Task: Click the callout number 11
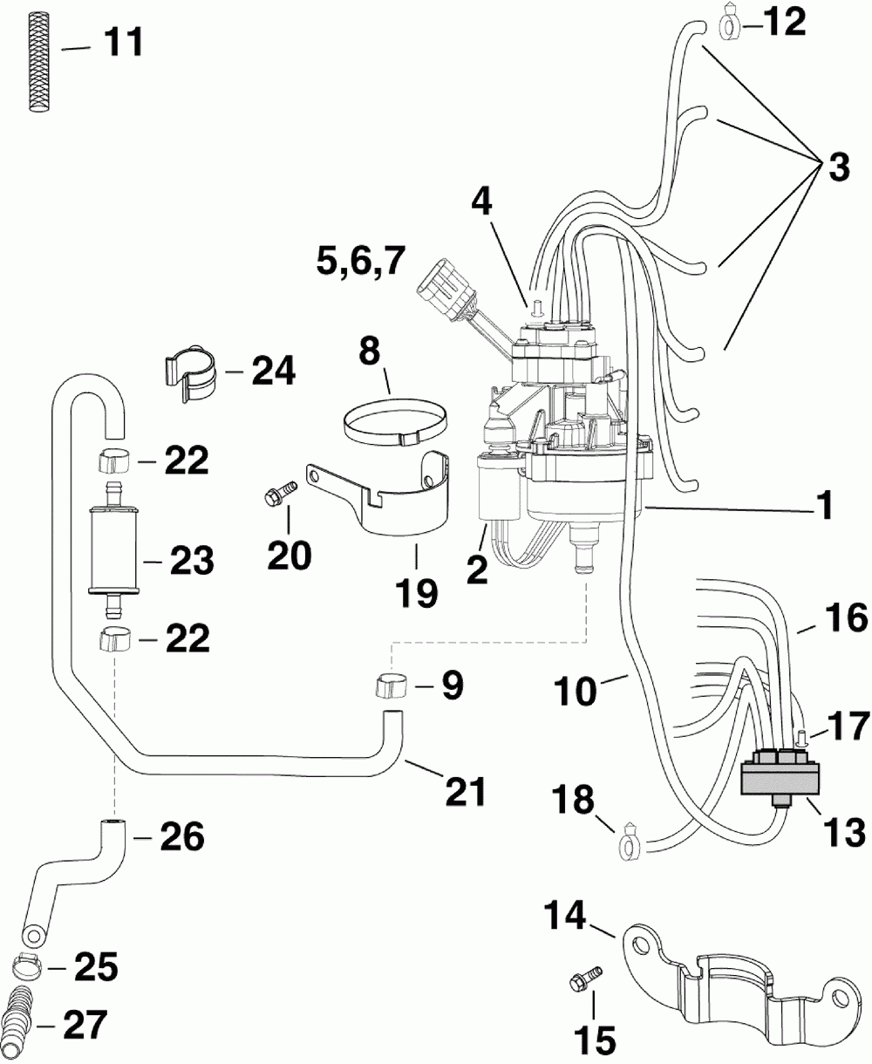coord(124,43)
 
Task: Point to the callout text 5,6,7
coord(361,262)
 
